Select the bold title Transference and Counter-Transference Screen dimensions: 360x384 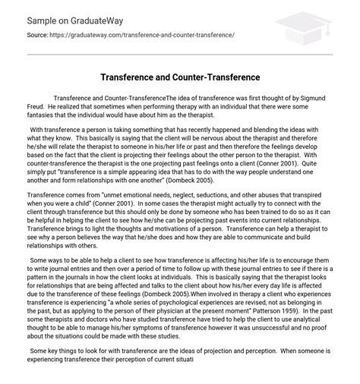180,78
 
